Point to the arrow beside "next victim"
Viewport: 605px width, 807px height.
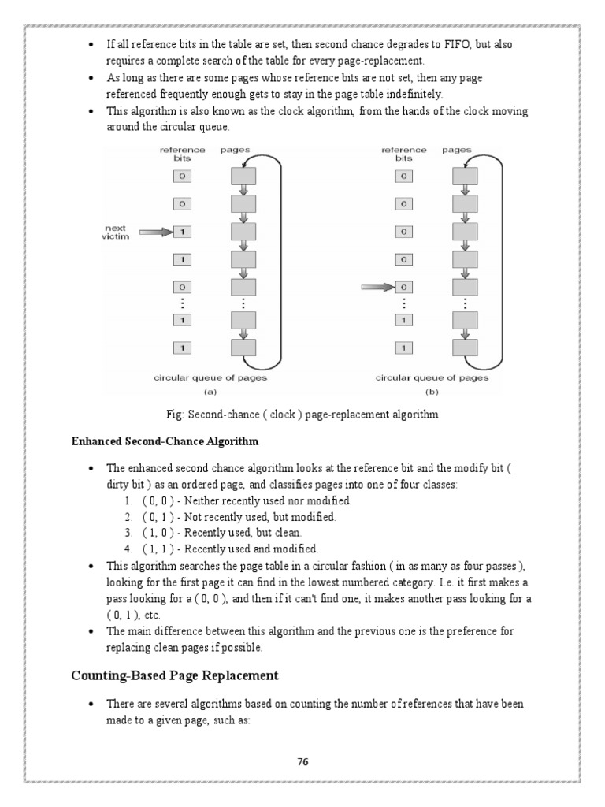pyautogui.click(x=154, y=232)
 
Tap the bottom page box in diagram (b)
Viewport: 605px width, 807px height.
pyautogui.click(x=464, y=348)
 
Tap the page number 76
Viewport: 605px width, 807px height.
pyautogui.click(x=302, y=761)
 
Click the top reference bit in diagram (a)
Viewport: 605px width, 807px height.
pyautogui.click(x=182, y=176)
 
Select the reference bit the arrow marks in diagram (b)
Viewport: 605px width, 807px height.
pyautogui.click(x=404, y=288)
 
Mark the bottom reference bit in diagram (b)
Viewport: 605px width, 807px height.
pyautogui.click(x=404, y=348)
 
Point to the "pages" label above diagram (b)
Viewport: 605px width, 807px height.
pyautogui.click(x=457, y=149)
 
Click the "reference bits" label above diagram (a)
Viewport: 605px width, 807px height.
pyautogui.click(x=182, y=153)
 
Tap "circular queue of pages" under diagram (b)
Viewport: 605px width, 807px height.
pyautogui.click(x=431, y=377)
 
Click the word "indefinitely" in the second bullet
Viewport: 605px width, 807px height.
pyautogui.click(x=405, y=93)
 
